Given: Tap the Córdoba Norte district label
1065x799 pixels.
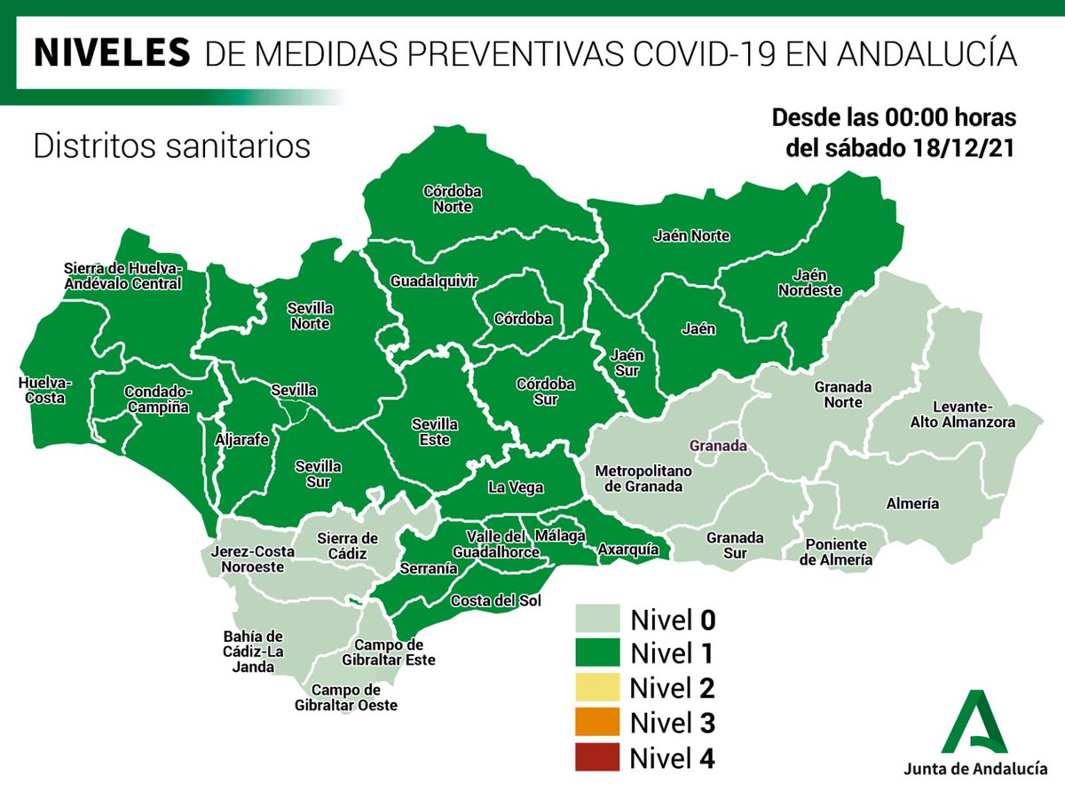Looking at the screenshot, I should pos(453,199).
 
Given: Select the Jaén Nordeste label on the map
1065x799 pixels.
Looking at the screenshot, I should pos(809,282).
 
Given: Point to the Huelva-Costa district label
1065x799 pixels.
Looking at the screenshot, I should pos(45,391).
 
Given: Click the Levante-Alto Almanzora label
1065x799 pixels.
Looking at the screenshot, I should pos(962,415).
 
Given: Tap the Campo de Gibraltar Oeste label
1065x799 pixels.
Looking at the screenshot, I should pos(346,698).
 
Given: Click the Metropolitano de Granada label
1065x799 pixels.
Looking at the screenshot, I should pos(639,478).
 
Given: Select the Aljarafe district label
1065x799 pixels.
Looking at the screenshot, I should pos(241,439).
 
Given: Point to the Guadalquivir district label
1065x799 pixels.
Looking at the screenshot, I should pos(434,281).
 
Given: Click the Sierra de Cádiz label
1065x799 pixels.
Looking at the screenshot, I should pos(348,545).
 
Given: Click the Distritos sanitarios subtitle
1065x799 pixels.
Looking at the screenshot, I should pos(171,146).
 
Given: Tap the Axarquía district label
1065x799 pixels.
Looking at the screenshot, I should pos(628,550).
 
